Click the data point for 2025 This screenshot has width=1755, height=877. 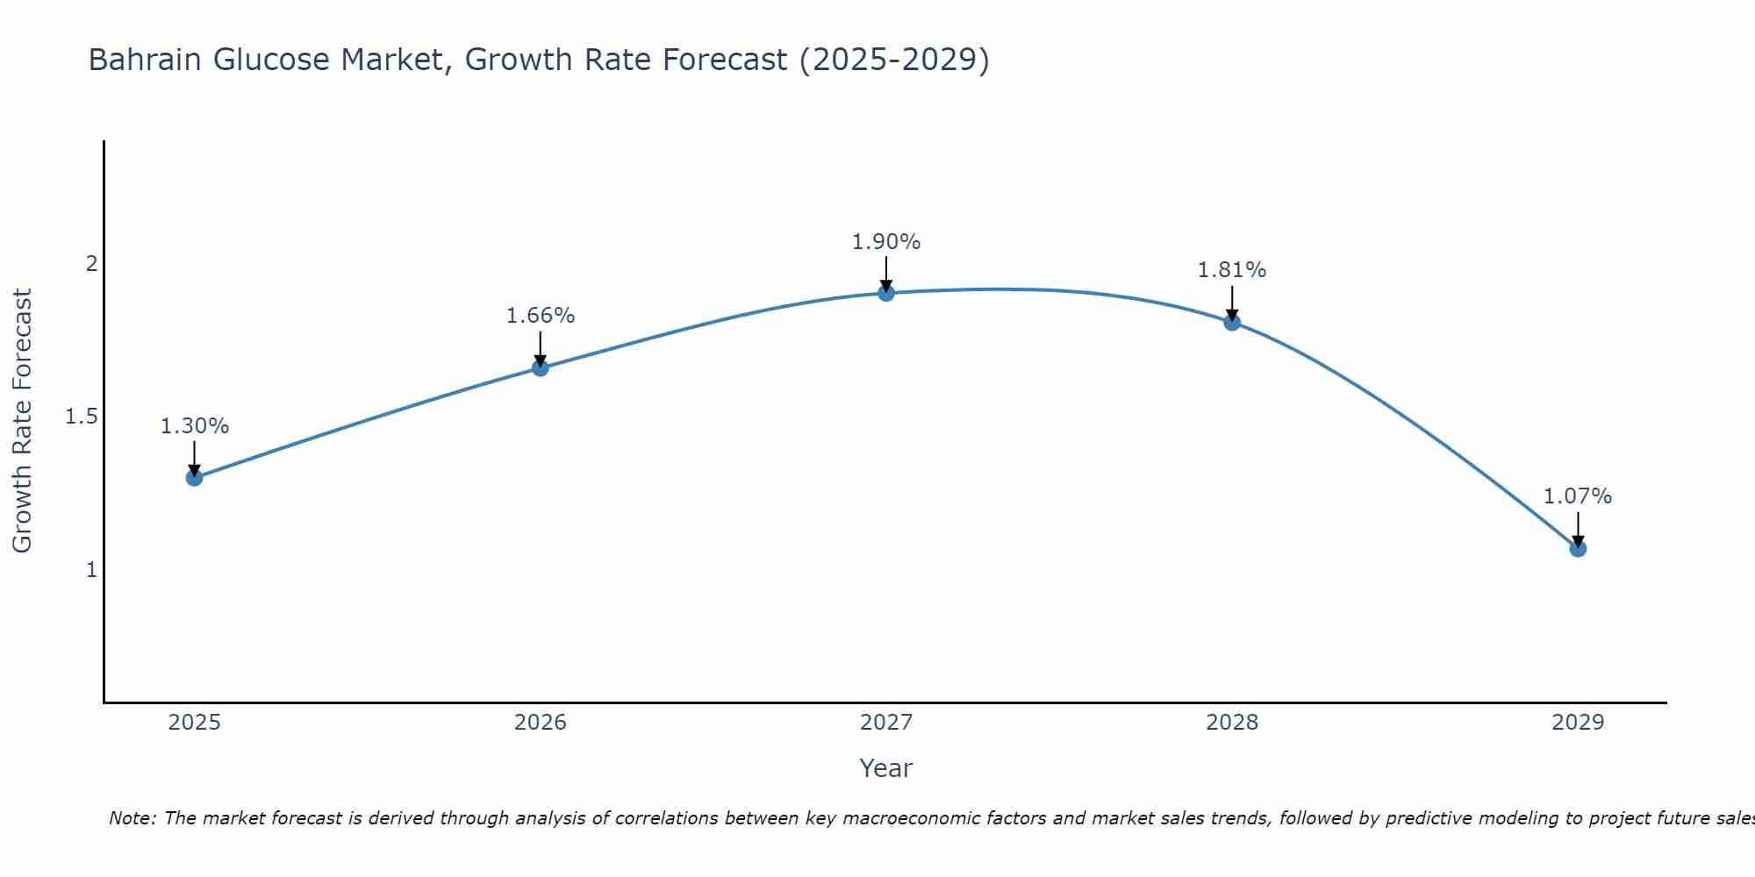(194, 477)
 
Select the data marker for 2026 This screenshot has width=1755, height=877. (541, 367)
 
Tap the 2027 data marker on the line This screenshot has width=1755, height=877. (886, 293)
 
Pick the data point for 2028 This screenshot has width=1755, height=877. (1232, 322)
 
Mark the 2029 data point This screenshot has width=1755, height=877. (1578, 548)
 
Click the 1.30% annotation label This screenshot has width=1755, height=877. (194, 426)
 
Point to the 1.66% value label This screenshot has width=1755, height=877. (541, 316)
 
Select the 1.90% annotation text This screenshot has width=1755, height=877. (886, 242)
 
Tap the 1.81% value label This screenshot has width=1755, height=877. (1232, 270)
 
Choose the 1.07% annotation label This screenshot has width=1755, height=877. (1578, 496)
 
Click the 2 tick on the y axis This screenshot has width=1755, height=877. (91, 263)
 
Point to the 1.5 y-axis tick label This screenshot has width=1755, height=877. (82, 417)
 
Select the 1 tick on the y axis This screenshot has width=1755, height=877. (91, 570)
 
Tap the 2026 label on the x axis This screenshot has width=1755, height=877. (541, 723)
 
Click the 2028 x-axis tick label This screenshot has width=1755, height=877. (1232, 723)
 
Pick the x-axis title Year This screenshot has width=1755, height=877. (886, 768)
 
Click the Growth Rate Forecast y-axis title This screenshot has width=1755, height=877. (22, 421)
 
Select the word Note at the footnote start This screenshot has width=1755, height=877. (132, 818)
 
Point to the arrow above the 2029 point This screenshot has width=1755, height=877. (1578, 529)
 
